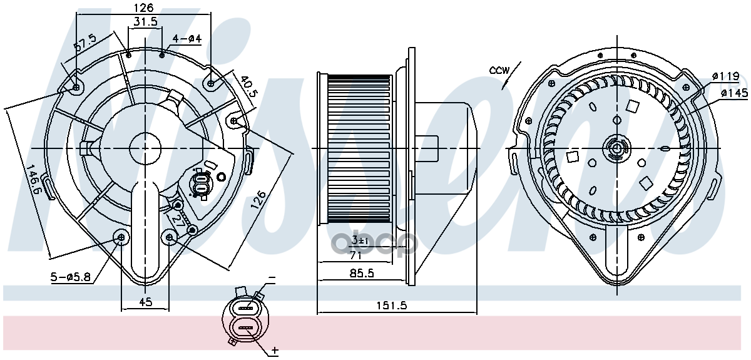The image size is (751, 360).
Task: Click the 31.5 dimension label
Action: click(x=145, y=22)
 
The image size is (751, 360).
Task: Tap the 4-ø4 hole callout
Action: click(x=186, y=39)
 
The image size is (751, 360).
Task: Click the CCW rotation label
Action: click(x=499, y=71)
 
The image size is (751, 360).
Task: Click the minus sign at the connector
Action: click(x=272, y=278)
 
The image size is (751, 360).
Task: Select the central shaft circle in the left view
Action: click(x=145, y=148)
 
